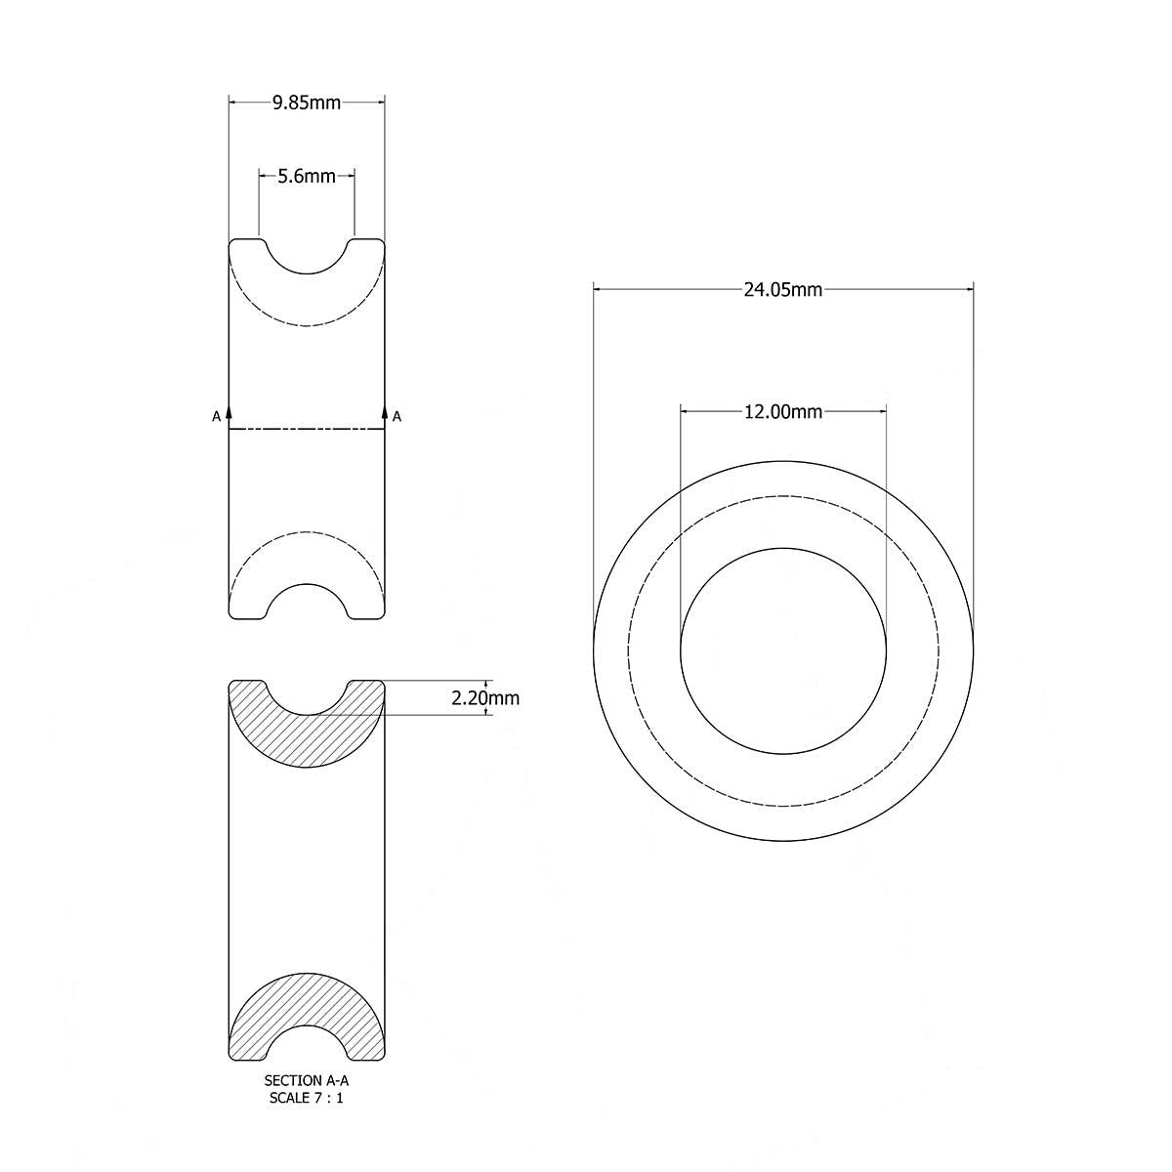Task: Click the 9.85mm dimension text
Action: click(307, 102)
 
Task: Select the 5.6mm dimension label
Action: click(307, 177)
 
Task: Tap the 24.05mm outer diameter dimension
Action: click(783, 289)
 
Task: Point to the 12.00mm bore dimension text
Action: click(783, 412)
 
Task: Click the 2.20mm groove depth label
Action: click(484, 698)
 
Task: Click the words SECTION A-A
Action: click(306, 1081)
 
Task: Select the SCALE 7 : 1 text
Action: click(306, 1098)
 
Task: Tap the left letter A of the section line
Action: click(216, 417)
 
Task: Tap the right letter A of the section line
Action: click(398, 417)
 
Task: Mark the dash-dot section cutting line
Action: click(307, 429)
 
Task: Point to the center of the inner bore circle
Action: click(783, 650)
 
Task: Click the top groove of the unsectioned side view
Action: click(307, 256)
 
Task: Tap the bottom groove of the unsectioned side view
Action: click(307, 601)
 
